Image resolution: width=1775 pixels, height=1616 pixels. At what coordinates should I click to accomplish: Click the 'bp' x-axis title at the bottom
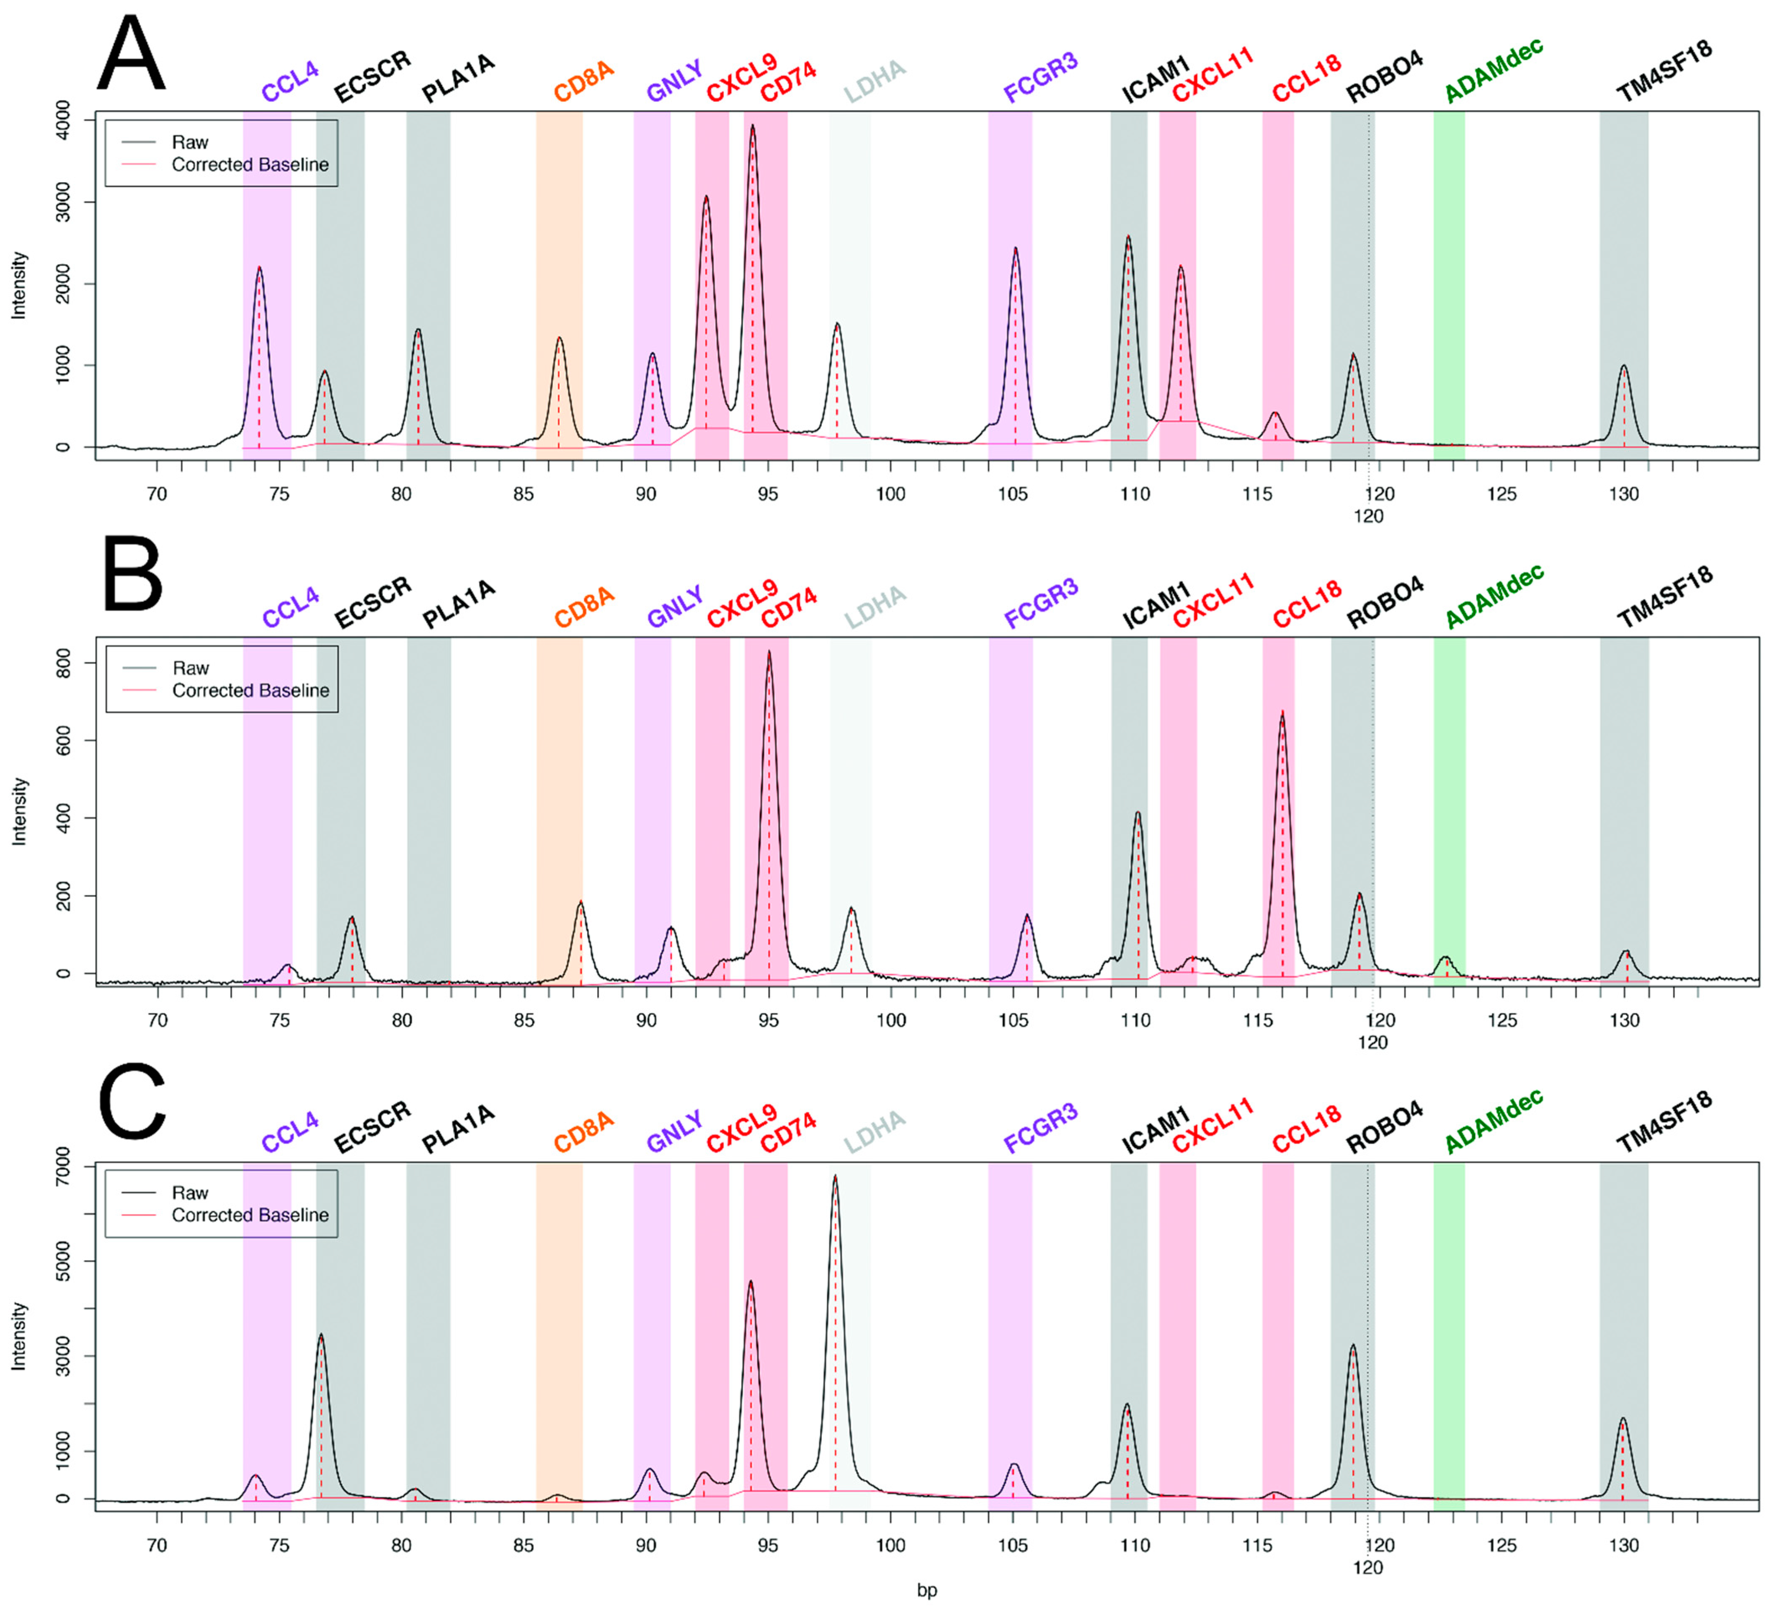926,1590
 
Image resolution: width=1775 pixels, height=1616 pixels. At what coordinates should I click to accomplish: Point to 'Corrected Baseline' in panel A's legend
250,165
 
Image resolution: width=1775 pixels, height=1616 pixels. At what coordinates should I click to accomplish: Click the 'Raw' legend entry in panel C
190,1193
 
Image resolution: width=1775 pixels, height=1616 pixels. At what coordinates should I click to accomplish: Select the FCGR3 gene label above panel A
1041,77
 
